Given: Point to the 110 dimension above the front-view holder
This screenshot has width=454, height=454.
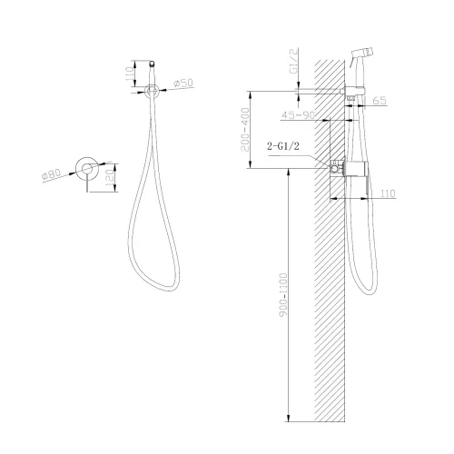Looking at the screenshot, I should click(128, 72).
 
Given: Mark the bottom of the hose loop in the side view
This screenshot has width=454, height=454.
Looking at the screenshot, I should click(368, 293).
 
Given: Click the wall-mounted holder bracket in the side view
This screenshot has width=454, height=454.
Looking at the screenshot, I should click(350, 91).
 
